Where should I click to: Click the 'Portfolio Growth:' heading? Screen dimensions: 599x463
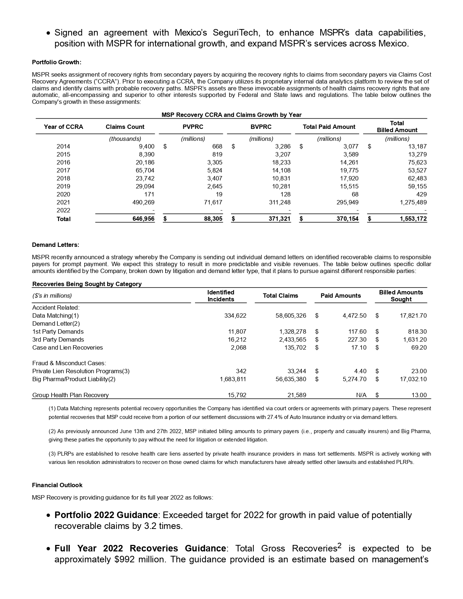tap(57, 62)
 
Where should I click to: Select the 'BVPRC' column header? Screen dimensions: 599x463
tap(261, 127)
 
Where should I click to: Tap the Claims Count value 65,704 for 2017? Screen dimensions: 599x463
tap(144, 170)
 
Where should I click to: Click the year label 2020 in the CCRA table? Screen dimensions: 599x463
tap(63, 194)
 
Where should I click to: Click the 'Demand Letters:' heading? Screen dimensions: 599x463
tap(56, 245)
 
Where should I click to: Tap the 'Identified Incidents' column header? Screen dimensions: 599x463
tap(220, 296)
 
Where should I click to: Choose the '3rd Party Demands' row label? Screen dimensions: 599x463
tap(58, 339)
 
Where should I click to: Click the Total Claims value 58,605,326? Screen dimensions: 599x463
tap(291, 315)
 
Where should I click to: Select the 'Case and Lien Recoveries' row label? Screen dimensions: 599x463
tap(68, 347)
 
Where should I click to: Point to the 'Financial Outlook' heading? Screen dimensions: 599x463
tap(57, 485)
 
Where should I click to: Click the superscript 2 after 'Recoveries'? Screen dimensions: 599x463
tap(340, 546)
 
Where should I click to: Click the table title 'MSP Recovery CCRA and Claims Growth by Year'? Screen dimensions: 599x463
tap(231, 115)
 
